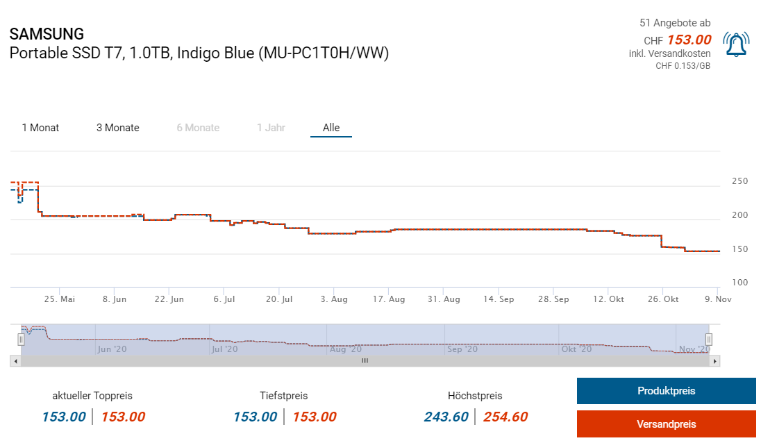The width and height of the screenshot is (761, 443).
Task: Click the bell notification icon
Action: [x=735, y=44]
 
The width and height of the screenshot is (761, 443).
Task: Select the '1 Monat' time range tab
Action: [x=40, y=128]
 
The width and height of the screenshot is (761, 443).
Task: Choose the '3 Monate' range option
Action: [x=118, y=128]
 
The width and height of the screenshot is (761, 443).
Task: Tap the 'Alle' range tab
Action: [x=331, y=128]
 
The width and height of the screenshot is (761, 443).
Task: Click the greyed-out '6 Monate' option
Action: [x=198, y=128]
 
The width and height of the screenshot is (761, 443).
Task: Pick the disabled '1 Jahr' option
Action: [x=271, y=128]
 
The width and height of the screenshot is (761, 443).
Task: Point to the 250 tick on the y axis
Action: [x=739, y=181]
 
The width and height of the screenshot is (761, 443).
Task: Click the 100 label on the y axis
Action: [x=739, y=283]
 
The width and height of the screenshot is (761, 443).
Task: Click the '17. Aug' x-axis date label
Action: [x=389, y=299]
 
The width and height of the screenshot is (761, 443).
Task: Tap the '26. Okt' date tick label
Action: [x=662, y=299]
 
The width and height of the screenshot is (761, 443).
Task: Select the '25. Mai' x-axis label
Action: [x=60, y=299]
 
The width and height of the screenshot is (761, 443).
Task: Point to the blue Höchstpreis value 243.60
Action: [x=446, y=417]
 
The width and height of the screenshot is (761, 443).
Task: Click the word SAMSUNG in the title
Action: [x=47, y=34]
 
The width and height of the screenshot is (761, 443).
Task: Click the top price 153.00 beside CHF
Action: [x=689, y=40]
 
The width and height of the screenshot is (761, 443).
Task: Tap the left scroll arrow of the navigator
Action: [x=14, y=361]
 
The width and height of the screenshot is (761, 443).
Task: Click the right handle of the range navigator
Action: [x=709, y=340]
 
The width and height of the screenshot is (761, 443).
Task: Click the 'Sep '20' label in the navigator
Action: [x=463, y=349]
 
